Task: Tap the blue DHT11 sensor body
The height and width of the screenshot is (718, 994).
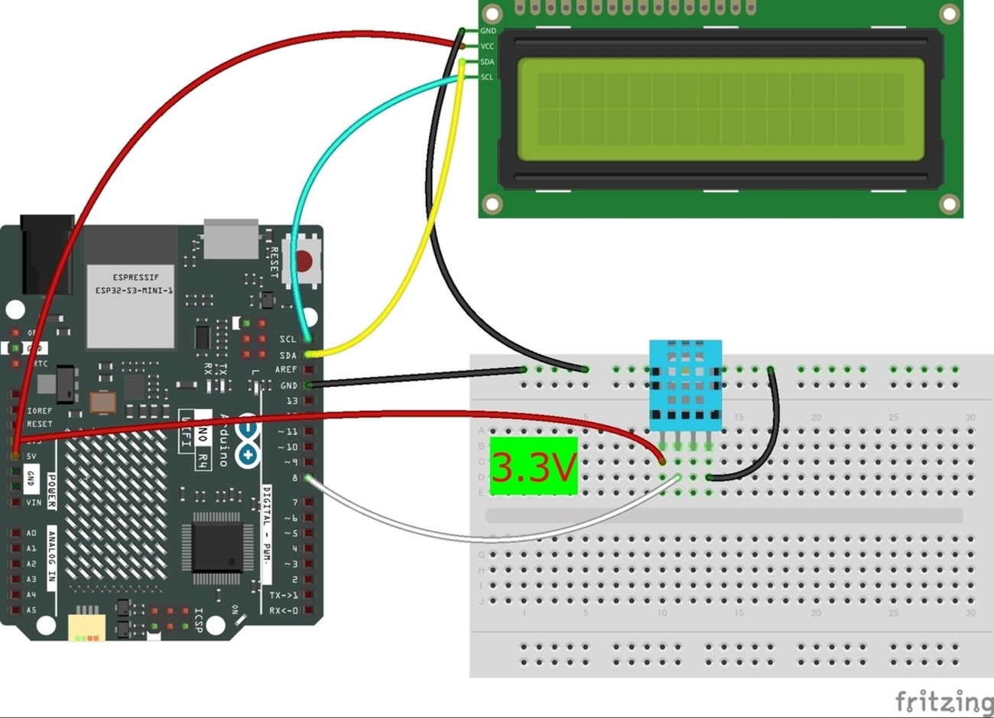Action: (685, 385)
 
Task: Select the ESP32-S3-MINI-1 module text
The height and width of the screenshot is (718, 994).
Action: (133, 284)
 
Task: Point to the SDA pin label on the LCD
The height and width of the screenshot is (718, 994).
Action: (487, 62)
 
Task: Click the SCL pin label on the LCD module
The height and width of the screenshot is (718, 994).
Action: (487, 77)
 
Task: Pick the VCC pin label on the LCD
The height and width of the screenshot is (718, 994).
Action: (487, 47)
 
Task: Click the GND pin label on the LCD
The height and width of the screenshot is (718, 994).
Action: (488, 31)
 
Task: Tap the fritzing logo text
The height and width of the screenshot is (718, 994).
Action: (944, 700)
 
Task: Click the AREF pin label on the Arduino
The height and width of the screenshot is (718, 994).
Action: (286, 369)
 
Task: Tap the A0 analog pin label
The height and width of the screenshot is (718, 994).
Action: (31, 533)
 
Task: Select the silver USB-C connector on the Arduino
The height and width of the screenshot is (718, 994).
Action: (231, 239)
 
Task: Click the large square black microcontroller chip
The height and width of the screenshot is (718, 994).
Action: (216, 543)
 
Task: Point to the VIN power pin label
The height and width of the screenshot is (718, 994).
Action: (34, 502)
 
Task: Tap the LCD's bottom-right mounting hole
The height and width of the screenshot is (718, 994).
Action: (949, 204)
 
